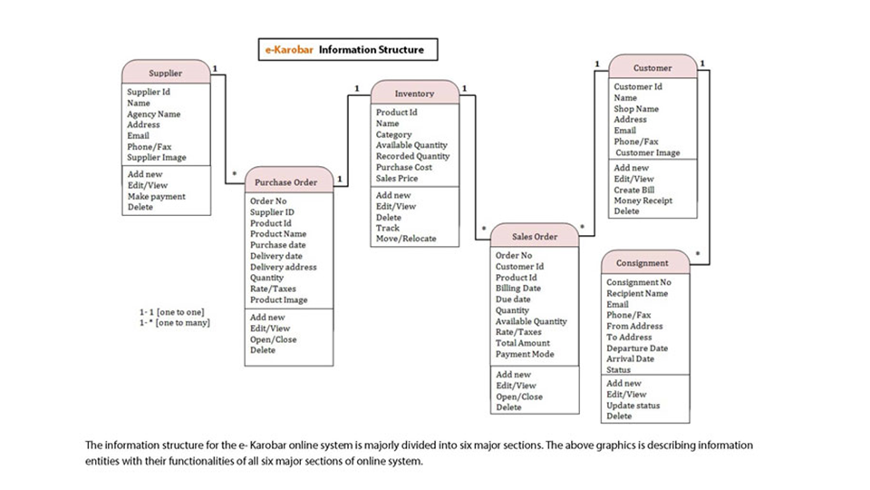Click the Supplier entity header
(166, 73)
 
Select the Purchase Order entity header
(286, 181)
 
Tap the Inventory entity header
(414, 93)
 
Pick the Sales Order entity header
(534, 237)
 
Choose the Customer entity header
(652, 67)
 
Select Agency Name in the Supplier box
(153, 114)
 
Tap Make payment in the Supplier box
(156, 196)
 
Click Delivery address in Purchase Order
(284, 267)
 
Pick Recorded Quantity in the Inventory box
(412, 156)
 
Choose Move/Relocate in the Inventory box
(406, 239)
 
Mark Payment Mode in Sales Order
(525, 354)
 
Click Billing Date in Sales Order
(518, 289)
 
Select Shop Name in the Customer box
(636, 109)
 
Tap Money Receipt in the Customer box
(643, 201)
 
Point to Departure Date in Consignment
(637, 348)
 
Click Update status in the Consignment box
(633, 406)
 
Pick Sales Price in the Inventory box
(397, 178)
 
